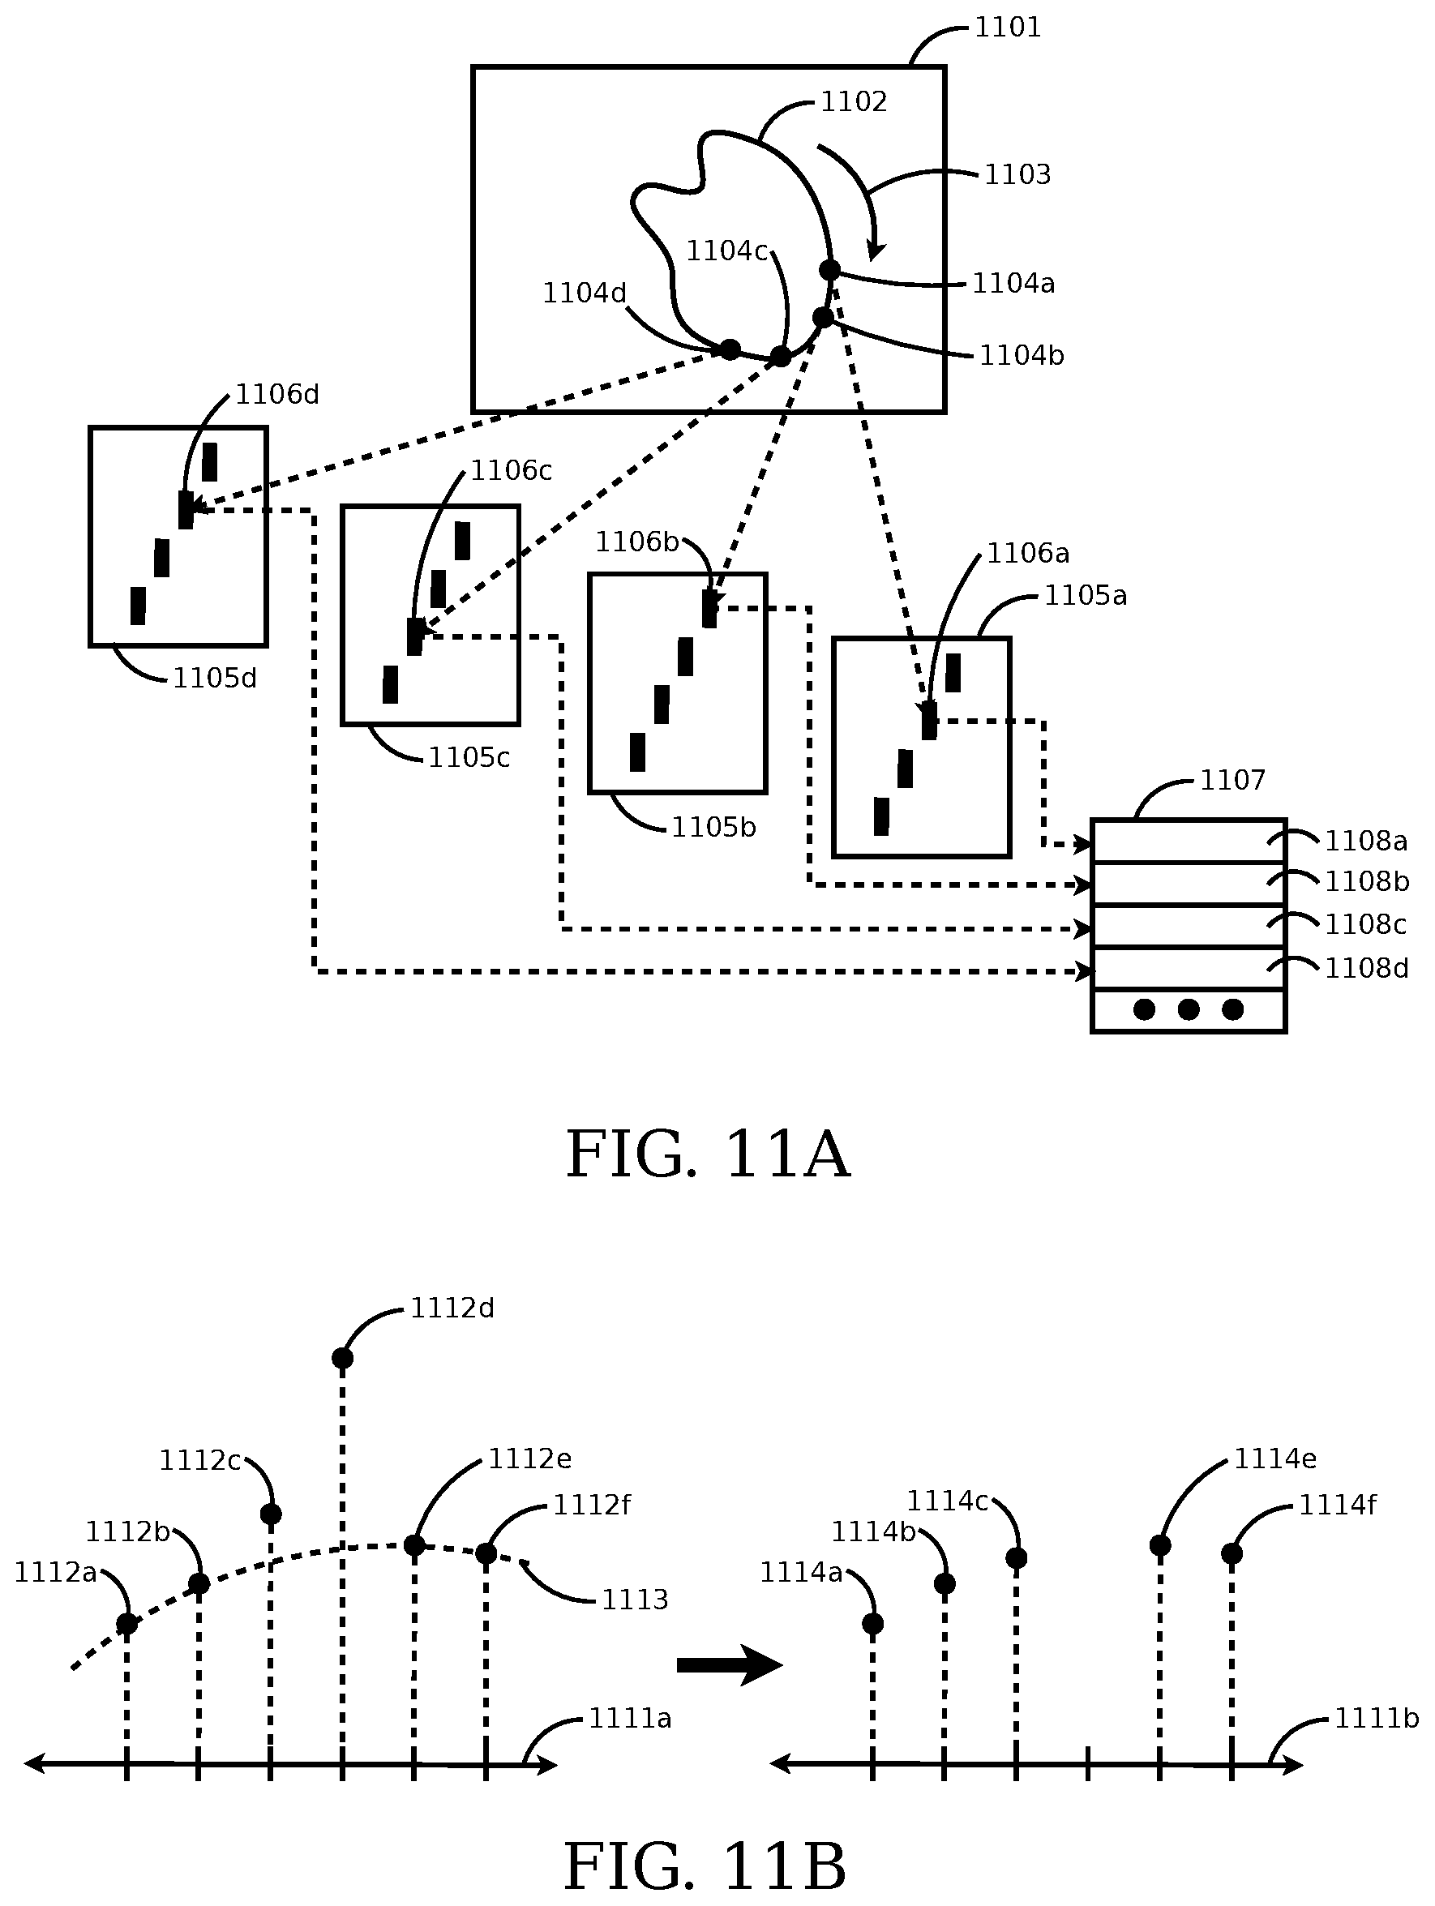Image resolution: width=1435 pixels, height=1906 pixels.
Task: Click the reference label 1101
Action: (x=1008, y=28)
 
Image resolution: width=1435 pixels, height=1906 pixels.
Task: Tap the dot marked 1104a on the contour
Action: (x=829, y=271)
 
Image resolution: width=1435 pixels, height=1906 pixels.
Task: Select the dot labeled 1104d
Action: (x=730, y=349)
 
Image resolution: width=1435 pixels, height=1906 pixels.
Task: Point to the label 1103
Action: (x=1017, y=175)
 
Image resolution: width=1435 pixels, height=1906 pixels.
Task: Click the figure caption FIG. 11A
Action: (x=708, y=1154)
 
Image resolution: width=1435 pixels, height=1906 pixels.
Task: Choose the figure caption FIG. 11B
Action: (x=705, y=1866)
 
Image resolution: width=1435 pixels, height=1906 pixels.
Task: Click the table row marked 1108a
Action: (x=1188, y=841)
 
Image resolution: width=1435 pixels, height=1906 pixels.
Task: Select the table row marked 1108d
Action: (x=1188, y=970)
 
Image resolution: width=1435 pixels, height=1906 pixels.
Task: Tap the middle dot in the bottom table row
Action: (x=1189, y=1009)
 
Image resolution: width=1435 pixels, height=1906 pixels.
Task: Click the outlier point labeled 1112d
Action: (x=342, y=1359)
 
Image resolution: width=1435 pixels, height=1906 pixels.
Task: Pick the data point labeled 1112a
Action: (x=126, y=1623)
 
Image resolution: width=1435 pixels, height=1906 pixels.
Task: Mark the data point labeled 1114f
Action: (x=1232, y=1553)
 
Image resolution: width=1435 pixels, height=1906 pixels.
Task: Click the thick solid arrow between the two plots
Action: (x=728, y=1664)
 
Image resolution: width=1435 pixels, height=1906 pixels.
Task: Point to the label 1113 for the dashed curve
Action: (x=634, y=1600)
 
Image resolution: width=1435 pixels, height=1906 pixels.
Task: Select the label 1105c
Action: (x=469, y=758)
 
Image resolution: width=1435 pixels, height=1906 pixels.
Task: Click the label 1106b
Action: (x=638, y=542)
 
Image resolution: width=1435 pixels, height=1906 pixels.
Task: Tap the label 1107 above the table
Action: (x=1232, y=781)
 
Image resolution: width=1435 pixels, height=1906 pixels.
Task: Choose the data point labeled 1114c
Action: (x=1016, y=1558)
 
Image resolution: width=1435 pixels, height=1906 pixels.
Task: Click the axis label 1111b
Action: (x=1376, y=1719)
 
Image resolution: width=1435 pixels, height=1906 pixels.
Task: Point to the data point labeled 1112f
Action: (x=486, y=1553)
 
